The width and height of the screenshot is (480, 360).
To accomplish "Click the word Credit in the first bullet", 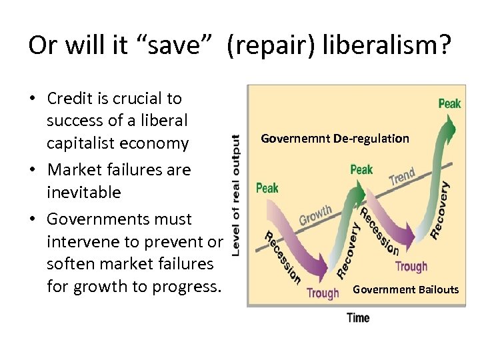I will pyautogui.click(x=71, y=99).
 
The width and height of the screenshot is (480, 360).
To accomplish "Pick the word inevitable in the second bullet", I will pyautogui.click(x=84, y=193).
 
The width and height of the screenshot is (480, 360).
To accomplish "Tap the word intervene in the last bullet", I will pyautogui.click(x=83, y=241).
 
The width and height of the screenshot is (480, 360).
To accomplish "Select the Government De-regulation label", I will pyautogui.click(x=335, y=139).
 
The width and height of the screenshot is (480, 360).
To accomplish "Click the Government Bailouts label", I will pyautogui.click(x=405, y=289).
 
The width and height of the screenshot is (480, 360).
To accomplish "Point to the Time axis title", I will pyautogui.click(x=358, y=318).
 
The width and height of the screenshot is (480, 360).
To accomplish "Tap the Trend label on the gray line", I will pyautogui.click(x=402, y=177).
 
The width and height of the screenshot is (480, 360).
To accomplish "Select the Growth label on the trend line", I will pyautogui.click(x=315, y=215).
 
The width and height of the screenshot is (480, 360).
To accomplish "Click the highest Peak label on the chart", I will pyautogui.click(x=449, y=103).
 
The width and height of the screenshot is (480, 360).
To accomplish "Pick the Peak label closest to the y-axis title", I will pyautogui.click(x=267, y=188).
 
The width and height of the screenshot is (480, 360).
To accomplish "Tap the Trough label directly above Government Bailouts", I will pyautogui.click(x=411, y=267).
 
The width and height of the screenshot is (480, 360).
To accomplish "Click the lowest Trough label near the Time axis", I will pyautogui.click(x=323, y=293).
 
